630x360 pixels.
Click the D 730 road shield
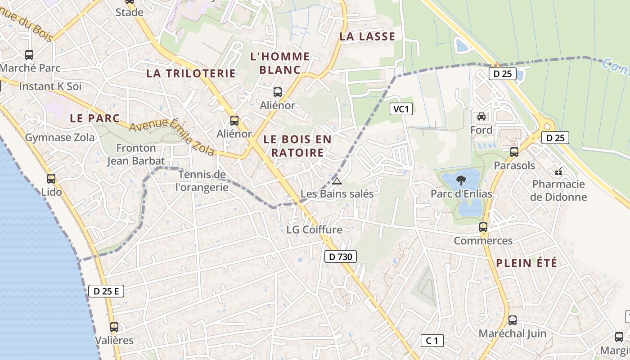pos(341,256)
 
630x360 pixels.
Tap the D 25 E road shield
pos(106,291)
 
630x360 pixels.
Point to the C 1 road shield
pos(432,341)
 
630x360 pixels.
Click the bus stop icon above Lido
pos(51,179)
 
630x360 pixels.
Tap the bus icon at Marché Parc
pos(29,55)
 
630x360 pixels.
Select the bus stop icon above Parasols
pos(514,152)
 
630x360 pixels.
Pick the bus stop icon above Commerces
pos(483,227)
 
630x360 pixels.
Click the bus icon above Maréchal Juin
pos(512,320)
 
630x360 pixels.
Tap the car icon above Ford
pos(481,117)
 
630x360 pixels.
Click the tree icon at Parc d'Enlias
pos(461,181)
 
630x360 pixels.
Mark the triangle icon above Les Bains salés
pos(337,181)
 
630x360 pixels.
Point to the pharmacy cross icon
pos(558,171)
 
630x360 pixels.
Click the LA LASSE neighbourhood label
pos(367,36)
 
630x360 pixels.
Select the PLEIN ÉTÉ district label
pos(526,263)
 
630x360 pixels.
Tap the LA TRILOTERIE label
pos(191,73)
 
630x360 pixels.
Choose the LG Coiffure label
pos(315,229)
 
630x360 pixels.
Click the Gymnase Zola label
pos(60,137)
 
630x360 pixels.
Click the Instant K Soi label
pos(50,86)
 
